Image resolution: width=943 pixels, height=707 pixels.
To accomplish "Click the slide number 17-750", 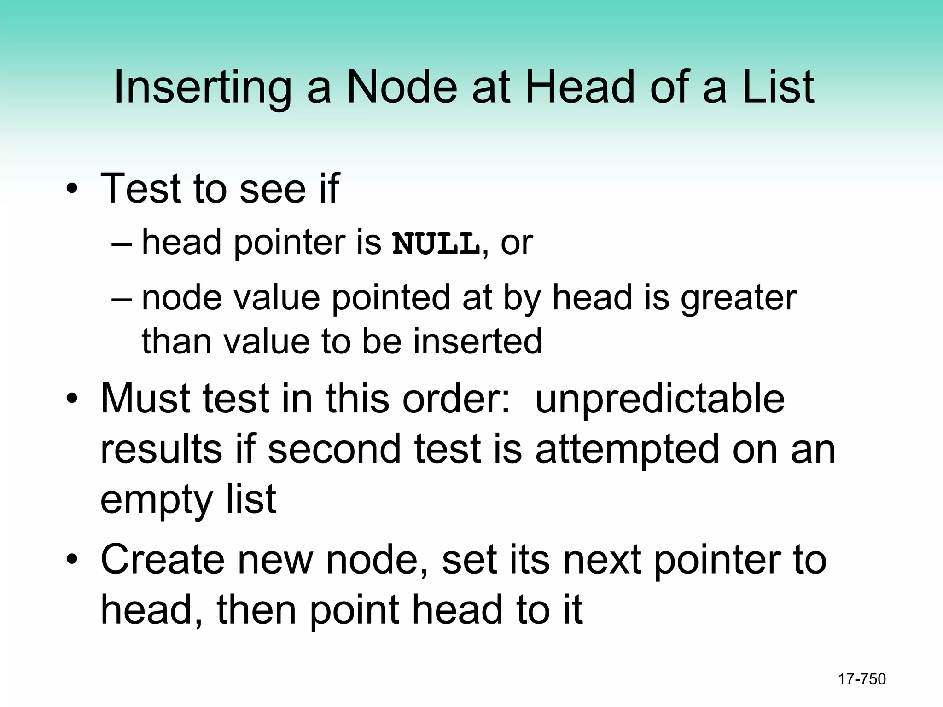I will pos(862,679).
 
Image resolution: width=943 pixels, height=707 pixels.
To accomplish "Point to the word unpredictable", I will pos(660,399).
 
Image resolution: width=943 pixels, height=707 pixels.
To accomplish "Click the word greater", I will pos(739,298).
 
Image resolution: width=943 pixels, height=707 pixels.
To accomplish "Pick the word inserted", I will pos(477,341).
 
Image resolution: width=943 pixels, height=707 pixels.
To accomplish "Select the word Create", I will pos(161,560).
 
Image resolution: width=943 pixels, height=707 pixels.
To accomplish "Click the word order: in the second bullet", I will pos(456,399).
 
